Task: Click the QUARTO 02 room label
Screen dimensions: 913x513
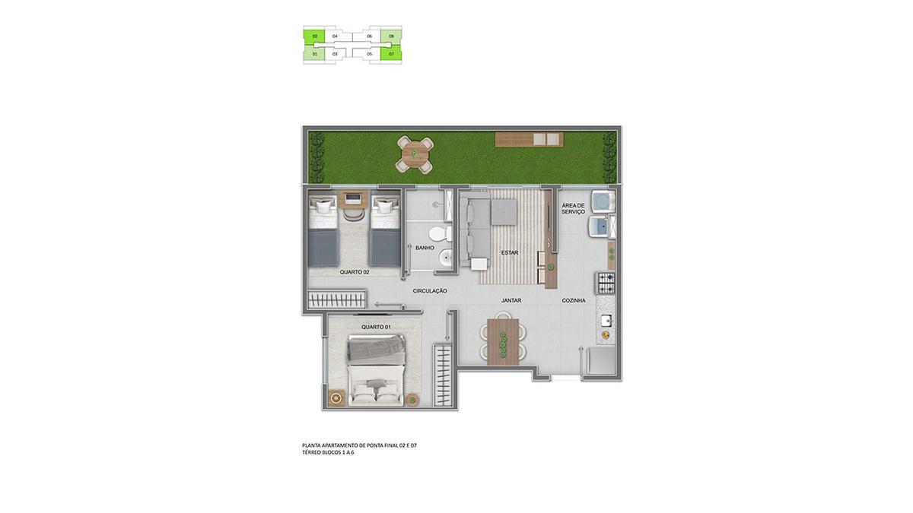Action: point(355,272)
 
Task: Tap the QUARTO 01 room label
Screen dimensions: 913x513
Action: point(376,327)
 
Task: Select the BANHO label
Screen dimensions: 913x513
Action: point(425,248)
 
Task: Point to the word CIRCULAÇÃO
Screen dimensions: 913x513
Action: point(430,291)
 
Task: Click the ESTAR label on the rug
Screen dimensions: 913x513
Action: point(510,253)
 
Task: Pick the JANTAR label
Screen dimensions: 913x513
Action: point(511,300)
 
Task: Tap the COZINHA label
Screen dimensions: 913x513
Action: point(574,300)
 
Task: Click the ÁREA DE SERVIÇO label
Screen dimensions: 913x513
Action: point(573,209)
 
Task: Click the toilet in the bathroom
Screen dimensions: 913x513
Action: point(440,234)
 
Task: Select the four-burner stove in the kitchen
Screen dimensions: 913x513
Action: point(606,283)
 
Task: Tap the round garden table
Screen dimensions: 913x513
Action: point(415,154)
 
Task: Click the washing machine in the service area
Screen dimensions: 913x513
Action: point(603,201)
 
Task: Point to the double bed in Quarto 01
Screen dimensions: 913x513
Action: point(376,370)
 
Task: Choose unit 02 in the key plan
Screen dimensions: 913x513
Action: point(314,36)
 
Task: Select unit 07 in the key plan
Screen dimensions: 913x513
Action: point(391,54)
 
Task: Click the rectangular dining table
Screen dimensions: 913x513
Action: point(503,341)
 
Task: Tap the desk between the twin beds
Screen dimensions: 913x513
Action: point(353,198)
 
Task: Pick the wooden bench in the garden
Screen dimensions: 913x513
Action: point(529,139)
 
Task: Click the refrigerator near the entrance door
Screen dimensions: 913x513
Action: point(601,360)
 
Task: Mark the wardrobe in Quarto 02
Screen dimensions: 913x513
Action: point(337,299)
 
